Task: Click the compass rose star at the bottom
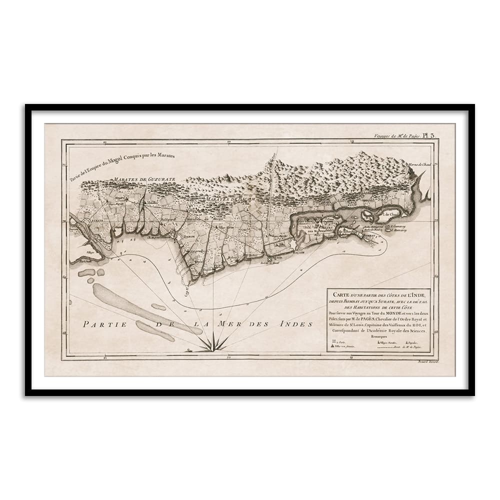[x=213, y=343]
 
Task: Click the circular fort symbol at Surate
[x=87, y=220]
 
